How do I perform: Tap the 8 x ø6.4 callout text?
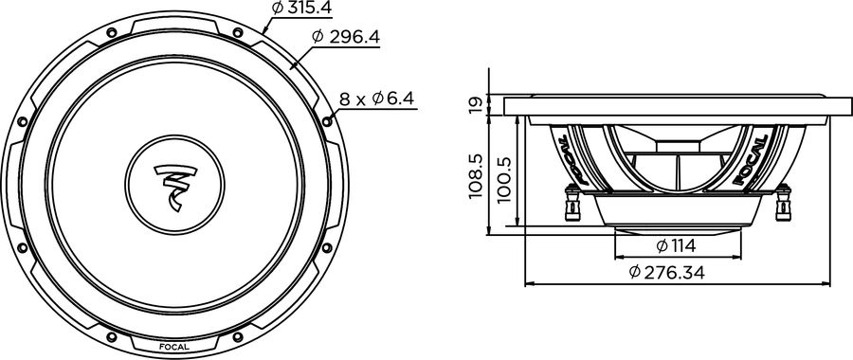pos(376,98)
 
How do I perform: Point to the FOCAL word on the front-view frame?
pos(173,346)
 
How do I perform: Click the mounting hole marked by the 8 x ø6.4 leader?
pos(328,119)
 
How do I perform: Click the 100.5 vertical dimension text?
pos(503,175)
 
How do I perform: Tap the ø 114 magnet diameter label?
pos(676,246)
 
